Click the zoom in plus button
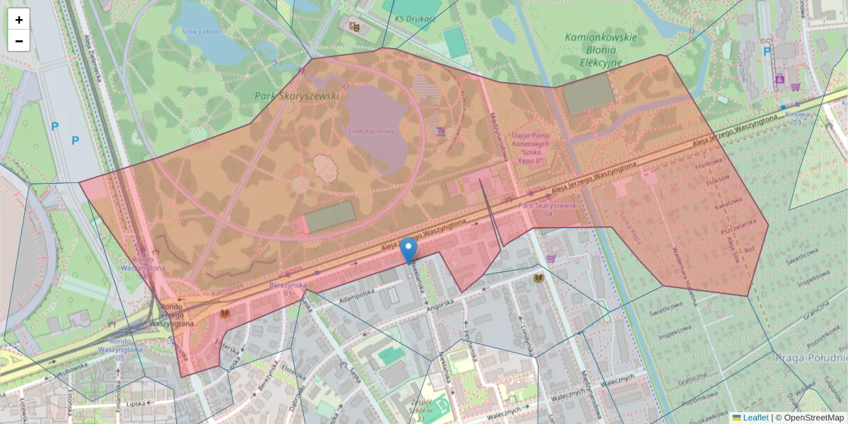click(19, 20)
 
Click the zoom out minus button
click(19, 41)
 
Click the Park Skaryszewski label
click(297, 95)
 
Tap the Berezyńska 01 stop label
click(288, 288)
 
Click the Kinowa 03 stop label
click(797, 117)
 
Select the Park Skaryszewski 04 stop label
click(548, 209)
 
